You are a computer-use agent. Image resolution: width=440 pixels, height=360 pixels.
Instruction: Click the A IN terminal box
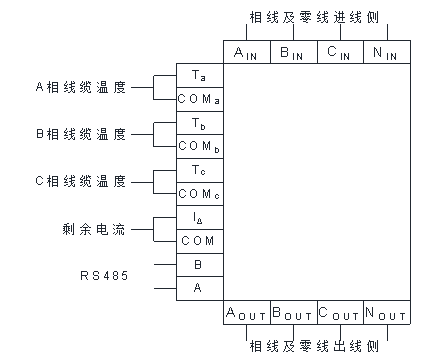click(x=246, y=52)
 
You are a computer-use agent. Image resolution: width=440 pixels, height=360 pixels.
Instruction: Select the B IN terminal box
click(x=292, y=52)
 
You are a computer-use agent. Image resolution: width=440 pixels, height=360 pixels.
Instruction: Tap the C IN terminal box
click(x=339, y=52)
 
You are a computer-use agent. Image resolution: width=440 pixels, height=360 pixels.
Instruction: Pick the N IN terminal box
click(x=386, y=52)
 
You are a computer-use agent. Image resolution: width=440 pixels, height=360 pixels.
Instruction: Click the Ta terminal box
click(x=199, y=76)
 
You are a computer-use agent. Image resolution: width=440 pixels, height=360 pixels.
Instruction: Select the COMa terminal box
click(x=199, y=99)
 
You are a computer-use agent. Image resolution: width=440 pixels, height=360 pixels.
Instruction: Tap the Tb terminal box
click(x=199, y=122)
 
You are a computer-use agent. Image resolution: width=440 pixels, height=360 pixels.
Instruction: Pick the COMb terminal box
click(x=199, y=146)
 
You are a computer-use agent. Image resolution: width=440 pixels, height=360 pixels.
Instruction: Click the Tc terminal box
click(x=199, y=169)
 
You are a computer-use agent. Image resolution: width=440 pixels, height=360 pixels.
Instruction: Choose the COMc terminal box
click(x=199, y=193)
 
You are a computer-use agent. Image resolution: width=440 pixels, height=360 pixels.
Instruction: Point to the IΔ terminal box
click(x=199, y=217)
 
